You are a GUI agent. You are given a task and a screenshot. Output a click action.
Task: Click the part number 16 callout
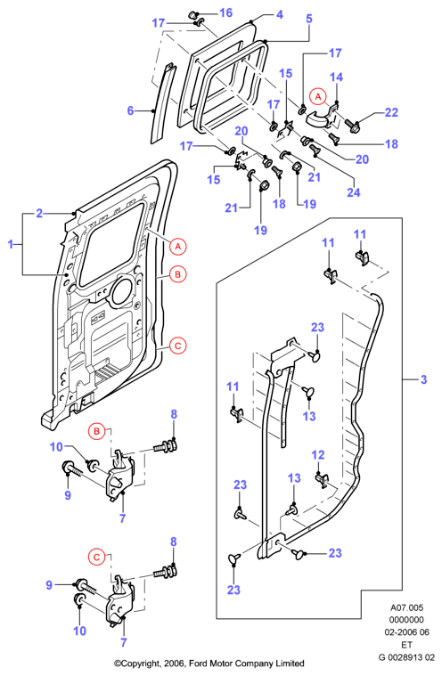226,13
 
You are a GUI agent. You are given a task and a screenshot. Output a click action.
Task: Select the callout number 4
280,14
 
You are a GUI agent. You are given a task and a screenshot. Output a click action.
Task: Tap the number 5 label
309,19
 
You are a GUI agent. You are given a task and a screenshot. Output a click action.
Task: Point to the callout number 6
131,110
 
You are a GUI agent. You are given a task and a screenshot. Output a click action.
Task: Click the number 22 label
391,112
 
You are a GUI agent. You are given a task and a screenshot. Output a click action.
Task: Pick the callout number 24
354,191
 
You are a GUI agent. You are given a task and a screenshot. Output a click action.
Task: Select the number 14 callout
336,77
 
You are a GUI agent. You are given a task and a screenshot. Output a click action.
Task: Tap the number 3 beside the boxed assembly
423,379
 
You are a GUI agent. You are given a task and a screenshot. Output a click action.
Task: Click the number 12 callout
318,455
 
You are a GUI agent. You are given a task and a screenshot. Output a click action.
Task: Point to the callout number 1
11,244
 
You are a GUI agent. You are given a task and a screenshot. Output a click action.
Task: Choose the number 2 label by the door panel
39,214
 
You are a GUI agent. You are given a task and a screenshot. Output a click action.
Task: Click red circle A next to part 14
318,96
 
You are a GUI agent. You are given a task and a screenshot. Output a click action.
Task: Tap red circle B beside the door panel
177,274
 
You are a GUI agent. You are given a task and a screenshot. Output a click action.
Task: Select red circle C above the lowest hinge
96,558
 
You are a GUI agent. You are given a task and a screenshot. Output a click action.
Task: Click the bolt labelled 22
352,126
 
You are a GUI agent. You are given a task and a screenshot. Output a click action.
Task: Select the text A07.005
407,608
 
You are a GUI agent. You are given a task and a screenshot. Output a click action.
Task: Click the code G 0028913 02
406,657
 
